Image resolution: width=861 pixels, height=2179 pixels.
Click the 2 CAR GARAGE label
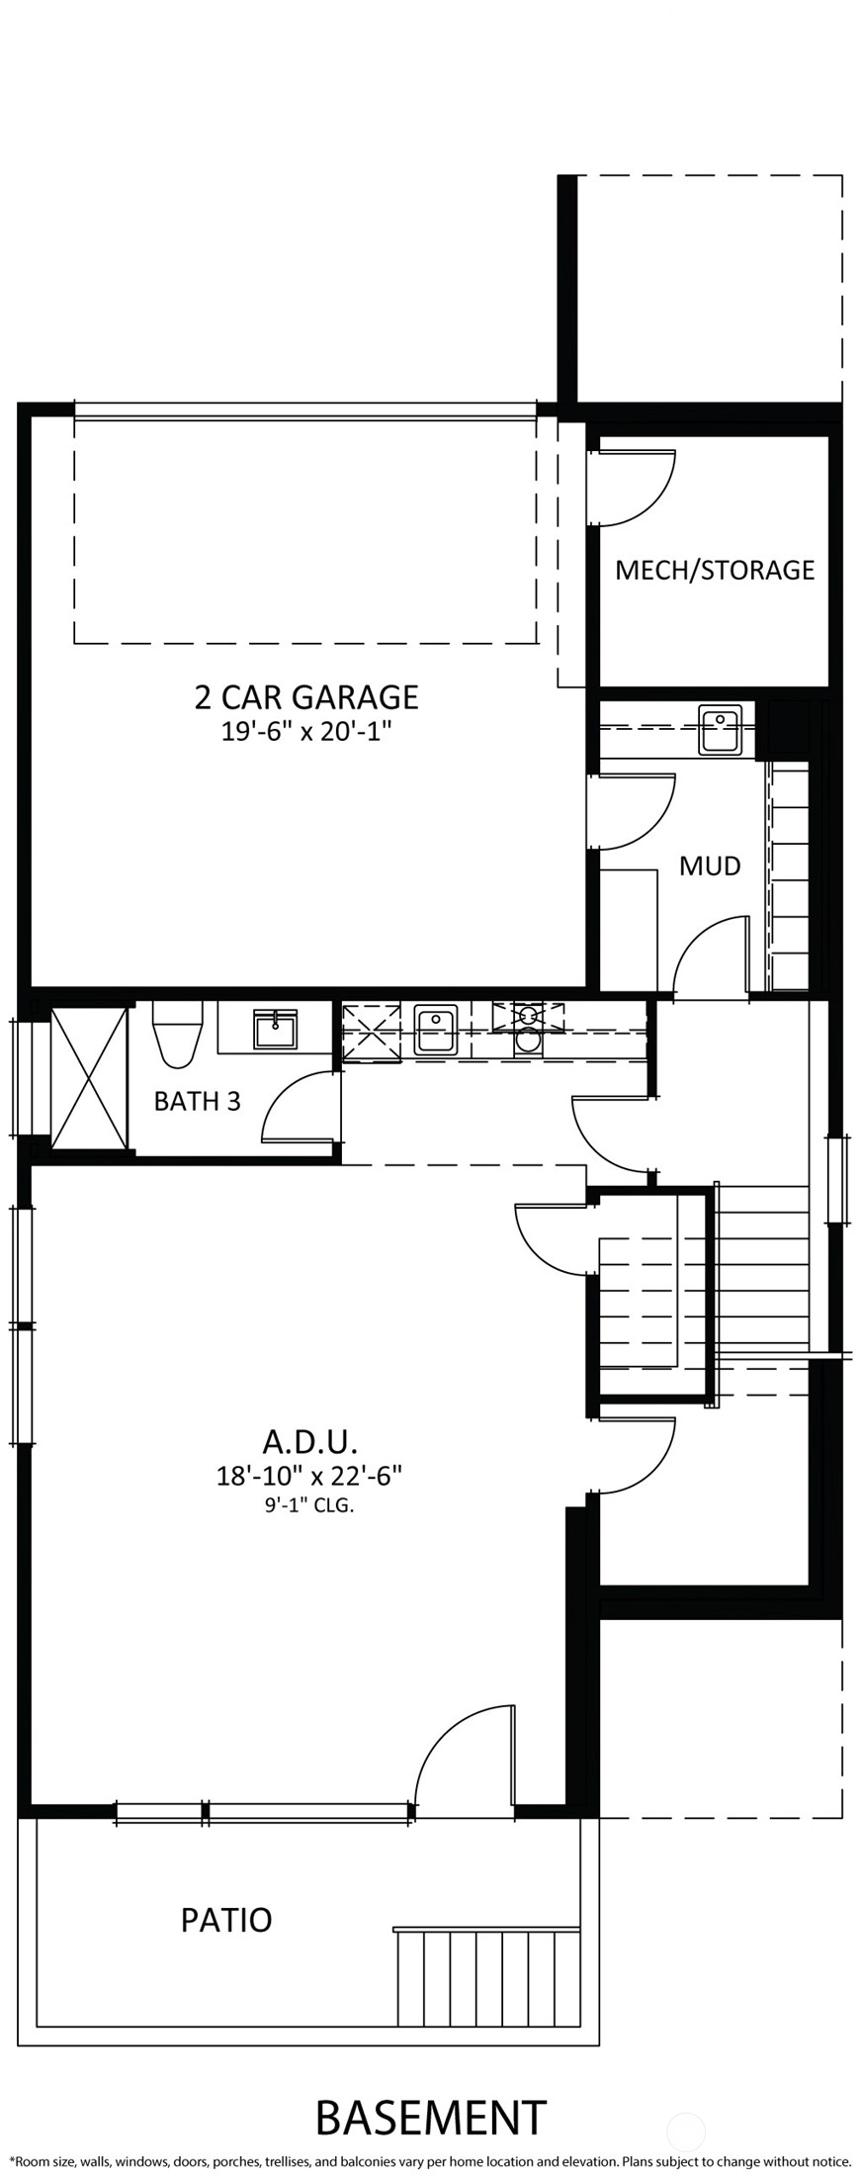point(306,696)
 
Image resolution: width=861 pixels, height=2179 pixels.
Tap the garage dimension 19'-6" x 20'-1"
point(306,732)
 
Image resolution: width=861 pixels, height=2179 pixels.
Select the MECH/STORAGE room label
point(715,570)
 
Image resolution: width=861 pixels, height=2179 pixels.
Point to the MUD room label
point(710,865)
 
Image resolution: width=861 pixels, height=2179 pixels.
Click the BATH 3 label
point(197,1101)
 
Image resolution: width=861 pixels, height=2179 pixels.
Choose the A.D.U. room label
point(309,1439)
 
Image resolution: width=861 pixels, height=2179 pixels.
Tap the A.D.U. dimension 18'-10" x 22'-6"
point(309,1476)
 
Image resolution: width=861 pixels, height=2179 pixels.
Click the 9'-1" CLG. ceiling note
point(309,1506)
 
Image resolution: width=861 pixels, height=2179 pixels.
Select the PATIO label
point(226,1920)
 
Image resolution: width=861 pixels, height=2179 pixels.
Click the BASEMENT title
point(431,2118)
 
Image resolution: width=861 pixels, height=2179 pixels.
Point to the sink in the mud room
point(720,729)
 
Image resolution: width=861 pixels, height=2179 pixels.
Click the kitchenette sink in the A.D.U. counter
point(436,1031)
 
